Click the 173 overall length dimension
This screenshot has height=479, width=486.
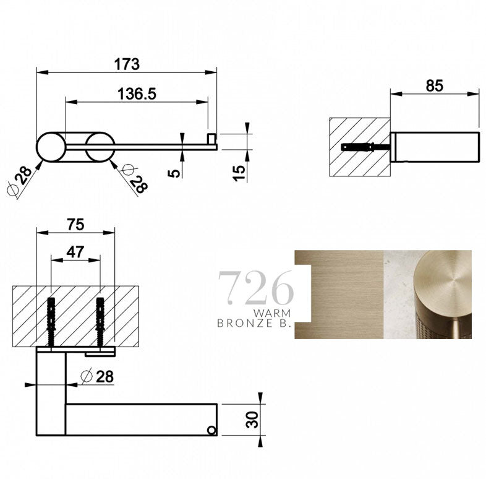tap(127, 64)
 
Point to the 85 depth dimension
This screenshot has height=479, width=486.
tap(435, 85)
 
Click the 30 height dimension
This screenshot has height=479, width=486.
tap(250, 420)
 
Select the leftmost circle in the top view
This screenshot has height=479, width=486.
tap(50, 147)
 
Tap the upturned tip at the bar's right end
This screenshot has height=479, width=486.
tap(212, 139)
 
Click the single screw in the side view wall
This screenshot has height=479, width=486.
tap(358, 147)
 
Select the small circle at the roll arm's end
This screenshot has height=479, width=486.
tap(211, 429)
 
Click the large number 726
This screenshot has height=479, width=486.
tap(255, 286)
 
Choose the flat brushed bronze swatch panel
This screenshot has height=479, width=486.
tap(339, 294)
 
